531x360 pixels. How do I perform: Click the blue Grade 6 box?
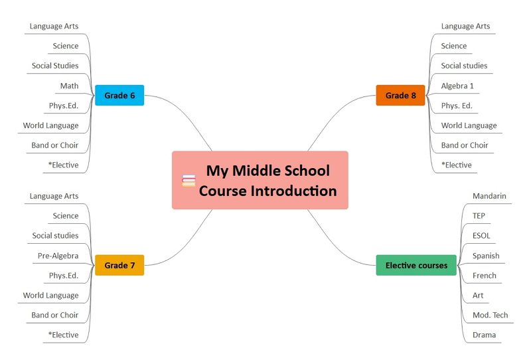(119, 95)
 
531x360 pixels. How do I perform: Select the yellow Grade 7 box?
(119, 265)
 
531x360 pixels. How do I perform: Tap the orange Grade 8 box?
(401, 95)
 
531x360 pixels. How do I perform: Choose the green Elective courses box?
(416, 265)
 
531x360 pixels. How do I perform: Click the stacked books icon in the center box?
(189, 181)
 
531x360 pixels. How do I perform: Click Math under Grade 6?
(69, 86)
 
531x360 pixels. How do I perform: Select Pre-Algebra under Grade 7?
(58, 256)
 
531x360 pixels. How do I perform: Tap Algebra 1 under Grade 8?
(457, 86)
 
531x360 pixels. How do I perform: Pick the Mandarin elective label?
(489, 196)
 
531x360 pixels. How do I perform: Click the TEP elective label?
(479, 216)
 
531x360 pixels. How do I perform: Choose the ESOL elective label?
(481, 236)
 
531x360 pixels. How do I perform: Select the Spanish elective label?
(486, 256)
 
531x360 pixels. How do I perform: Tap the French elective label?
(485, 275)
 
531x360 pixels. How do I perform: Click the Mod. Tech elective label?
(491, 315)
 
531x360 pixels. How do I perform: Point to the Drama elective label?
(485, 335)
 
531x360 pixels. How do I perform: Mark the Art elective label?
(478, 296)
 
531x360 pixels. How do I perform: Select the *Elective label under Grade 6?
(63, 165)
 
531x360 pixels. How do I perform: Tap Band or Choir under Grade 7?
(55, 315)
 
